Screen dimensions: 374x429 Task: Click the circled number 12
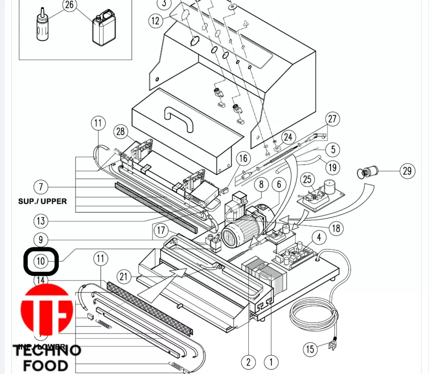(x=156, y=21)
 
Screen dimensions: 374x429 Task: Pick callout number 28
(x=120, y=132)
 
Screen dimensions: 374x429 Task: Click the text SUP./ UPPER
(x=43, y=201)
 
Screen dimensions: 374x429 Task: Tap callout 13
(x=41, y=221)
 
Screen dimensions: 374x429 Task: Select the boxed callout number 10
(x=41, y=261)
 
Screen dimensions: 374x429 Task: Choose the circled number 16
(x=243, y=158)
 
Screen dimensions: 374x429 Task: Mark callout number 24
(x=288, y=137)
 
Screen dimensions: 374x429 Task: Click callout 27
(x=333, y=119)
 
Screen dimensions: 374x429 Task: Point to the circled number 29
(x=407, y=171)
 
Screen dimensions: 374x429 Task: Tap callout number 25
(x=307, y=180)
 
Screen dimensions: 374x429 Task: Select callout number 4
(x=319, y=237)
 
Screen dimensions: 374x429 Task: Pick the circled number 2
(x=248, y=362)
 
